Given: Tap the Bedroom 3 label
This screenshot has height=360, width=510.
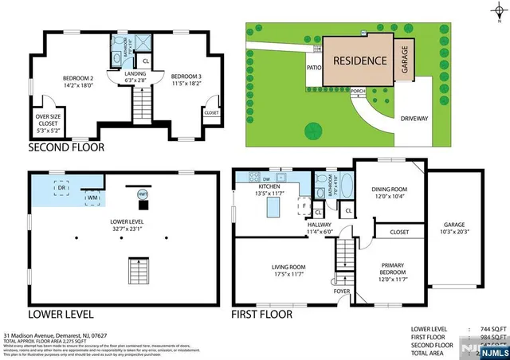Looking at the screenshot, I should point(187,78).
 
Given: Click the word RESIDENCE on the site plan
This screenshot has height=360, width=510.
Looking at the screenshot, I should point(359,61).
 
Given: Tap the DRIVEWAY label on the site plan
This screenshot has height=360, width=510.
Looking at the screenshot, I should point(414,118).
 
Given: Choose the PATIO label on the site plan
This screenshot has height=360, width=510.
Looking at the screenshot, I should point(313,68).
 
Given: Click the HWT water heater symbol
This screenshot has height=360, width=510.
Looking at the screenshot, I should point(143,194).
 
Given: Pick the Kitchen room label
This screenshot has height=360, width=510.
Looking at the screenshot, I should point(269,190).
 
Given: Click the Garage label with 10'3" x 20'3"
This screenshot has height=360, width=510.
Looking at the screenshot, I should point(454,229).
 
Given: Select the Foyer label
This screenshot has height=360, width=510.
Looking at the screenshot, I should point(342,291).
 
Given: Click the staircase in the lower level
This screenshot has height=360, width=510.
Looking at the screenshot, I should point(137,270).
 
